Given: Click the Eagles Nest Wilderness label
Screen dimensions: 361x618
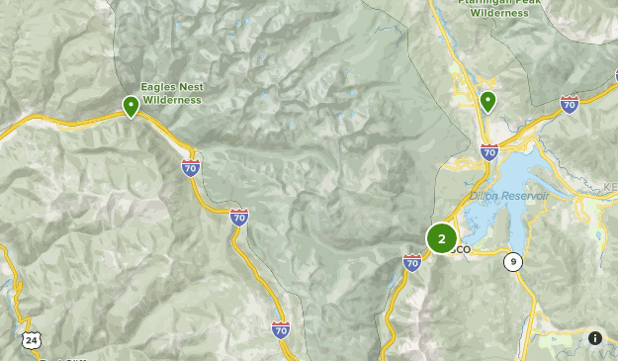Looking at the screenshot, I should tap(171, 93).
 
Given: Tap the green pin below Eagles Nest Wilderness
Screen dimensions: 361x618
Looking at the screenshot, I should tap(131, 106).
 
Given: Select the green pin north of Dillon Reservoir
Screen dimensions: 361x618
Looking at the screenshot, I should tap(487, 101).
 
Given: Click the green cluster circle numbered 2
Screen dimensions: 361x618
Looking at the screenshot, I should tap(441, 238).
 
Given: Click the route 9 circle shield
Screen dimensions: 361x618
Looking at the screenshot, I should tap(512, 262).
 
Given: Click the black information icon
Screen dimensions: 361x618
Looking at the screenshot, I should tap(595, 338).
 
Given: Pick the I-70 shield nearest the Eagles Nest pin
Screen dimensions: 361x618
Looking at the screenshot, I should tap(191, 167).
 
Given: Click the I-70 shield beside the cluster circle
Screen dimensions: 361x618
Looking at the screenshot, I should tap(412, 262).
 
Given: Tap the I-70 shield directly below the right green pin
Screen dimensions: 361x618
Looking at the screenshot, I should tap(488, 151).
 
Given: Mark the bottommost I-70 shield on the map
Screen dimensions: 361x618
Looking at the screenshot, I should tap(281, 329).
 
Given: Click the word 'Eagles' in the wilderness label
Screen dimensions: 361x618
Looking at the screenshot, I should tap(157, 87).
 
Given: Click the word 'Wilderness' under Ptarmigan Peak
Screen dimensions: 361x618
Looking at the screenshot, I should tap(499, 13).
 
